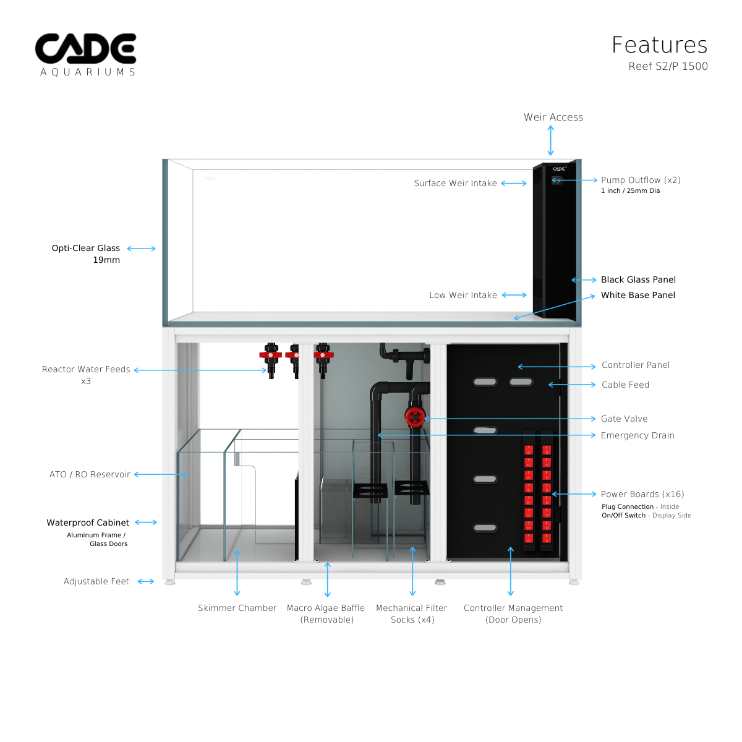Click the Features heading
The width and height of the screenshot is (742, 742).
tap(659, 45)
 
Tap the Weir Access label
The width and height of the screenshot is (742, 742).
tap(553, 117)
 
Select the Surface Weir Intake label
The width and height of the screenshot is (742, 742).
tap(455, 184)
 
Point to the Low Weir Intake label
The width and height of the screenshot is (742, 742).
tap(463, 296)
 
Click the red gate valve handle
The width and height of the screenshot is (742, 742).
tap(414, 417)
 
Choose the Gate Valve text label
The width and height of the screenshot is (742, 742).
tap(624, 419)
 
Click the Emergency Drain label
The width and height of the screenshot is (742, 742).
tap(637, 436)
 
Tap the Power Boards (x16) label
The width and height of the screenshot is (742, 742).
tap(642, 495)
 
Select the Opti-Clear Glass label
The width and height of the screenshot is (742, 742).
tap(86, 249)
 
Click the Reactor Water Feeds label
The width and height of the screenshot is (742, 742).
tap(86, 370)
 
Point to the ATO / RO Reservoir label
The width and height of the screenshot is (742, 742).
tap(90, 475)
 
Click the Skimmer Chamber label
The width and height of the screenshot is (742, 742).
tap(237, 608)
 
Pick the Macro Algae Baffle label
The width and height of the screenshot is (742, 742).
tap(326, 608)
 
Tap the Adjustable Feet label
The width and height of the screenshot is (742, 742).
tap(96, 582)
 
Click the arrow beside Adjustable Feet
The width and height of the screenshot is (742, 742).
tap(146, 582)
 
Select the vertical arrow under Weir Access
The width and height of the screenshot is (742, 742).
tap(550, 141)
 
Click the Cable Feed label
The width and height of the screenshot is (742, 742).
tap(625, 385)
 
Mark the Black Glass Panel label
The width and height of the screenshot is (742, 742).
tap(638, 280)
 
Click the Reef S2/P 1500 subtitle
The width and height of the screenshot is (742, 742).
tap(668, 67)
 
